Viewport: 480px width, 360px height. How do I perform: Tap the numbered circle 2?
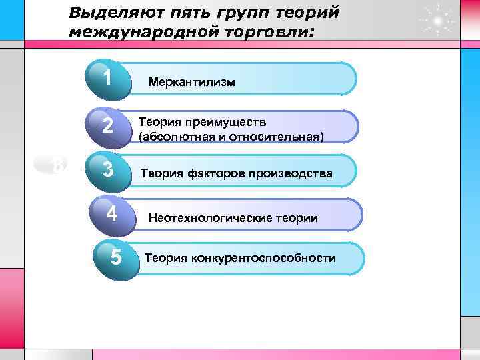[108, 125]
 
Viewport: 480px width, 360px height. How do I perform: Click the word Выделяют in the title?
[107, 13]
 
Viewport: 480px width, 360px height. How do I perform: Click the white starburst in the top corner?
[437, 21]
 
